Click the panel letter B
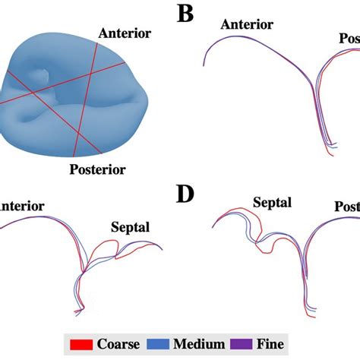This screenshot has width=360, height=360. pyautogui.click(x=186, y=14)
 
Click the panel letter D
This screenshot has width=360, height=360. pyautogui.click(x=186, y=195)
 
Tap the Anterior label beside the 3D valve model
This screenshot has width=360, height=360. pyautogui.click(x=124, y=33)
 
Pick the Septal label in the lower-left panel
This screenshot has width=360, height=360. pyautogui.click(x=131, y=226)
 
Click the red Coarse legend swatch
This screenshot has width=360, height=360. pyautogui.click(x=81, y=343)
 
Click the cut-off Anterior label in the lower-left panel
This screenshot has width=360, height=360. pyautogui.click(x=22, y=207)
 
